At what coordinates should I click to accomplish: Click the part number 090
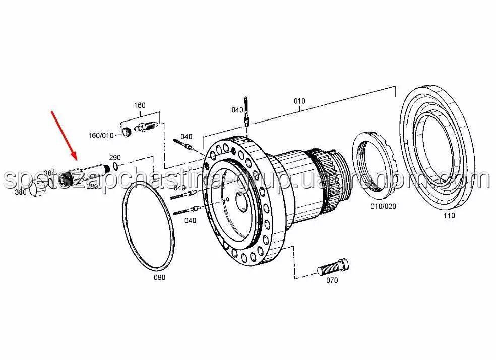(159, 277)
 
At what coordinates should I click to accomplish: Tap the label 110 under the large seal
(449, 216)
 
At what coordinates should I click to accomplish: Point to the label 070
(332, 280)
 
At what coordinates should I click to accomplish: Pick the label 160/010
(101, 135)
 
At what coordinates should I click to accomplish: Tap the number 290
(115, 157)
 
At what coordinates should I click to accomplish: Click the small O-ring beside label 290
(116, 166)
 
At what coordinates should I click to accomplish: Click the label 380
(21, 192)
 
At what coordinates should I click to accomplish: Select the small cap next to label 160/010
(127, 133)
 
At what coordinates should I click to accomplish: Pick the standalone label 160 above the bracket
(139, 105)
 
